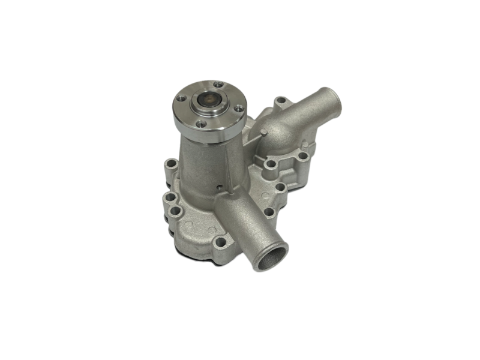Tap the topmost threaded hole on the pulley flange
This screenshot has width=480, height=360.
click(218, 85)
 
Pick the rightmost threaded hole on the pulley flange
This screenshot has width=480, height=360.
click(239, 109)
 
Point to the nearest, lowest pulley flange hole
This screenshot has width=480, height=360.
click(201, 124)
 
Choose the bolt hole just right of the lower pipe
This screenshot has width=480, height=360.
click(269, 212)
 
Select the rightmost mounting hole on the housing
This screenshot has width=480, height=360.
click(304, 156)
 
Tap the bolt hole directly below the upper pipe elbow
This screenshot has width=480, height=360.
click(271, 163)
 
